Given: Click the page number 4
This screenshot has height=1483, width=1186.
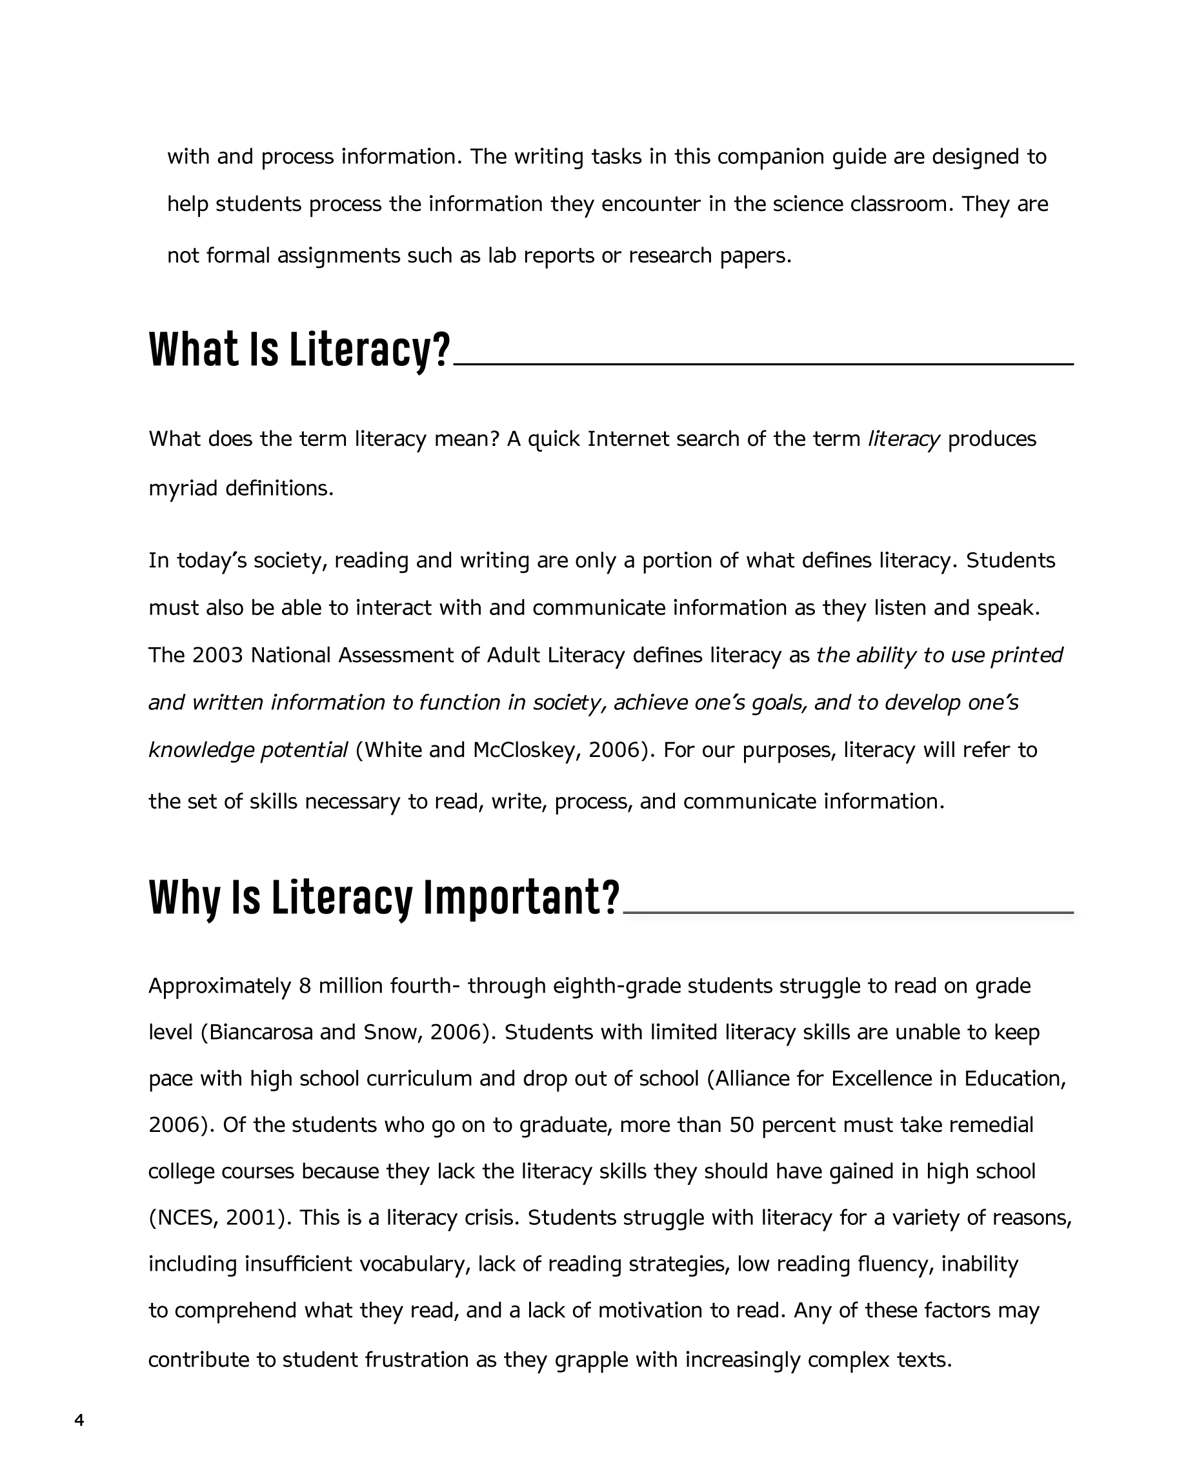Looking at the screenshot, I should (79, 1420).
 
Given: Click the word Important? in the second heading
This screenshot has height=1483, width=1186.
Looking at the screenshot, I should (521, 898).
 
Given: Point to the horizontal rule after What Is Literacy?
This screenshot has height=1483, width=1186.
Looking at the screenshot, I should (763, 363).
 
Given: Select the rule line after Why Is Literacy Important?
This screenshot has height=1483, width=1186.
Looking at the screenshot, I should (847, 912).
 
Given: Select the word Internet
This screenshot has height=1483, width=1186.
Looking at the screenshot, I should (627, 439).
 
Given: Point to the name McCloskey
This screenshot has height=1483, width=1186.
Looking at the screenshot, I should (523, 750).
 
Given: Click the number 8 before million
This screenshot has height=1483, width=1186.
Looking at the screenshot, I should (305, 986).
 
